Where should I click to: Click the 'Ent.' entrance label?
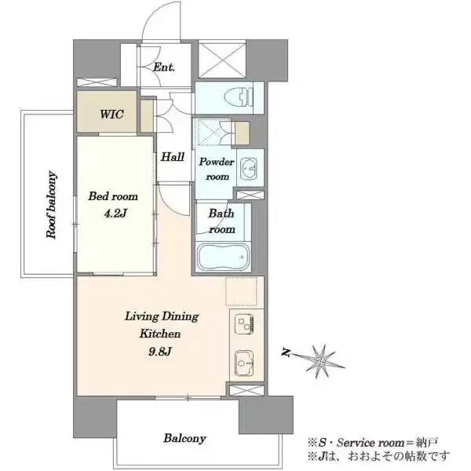click(163, 68)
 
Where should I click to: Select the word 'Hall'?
click(173, 157)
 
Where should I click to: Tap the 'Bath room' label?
click(221, 221)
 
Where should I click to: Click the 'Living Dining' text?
click(162, 317)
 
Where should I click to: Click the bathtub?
click(221, 257)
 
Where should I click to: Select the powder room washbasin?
click(250, 167)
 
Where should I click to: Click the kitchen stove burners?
click(242, 323)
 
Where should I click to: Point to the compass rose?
click(322, 359)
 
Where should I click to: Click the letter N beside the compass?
click(288, 354)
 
